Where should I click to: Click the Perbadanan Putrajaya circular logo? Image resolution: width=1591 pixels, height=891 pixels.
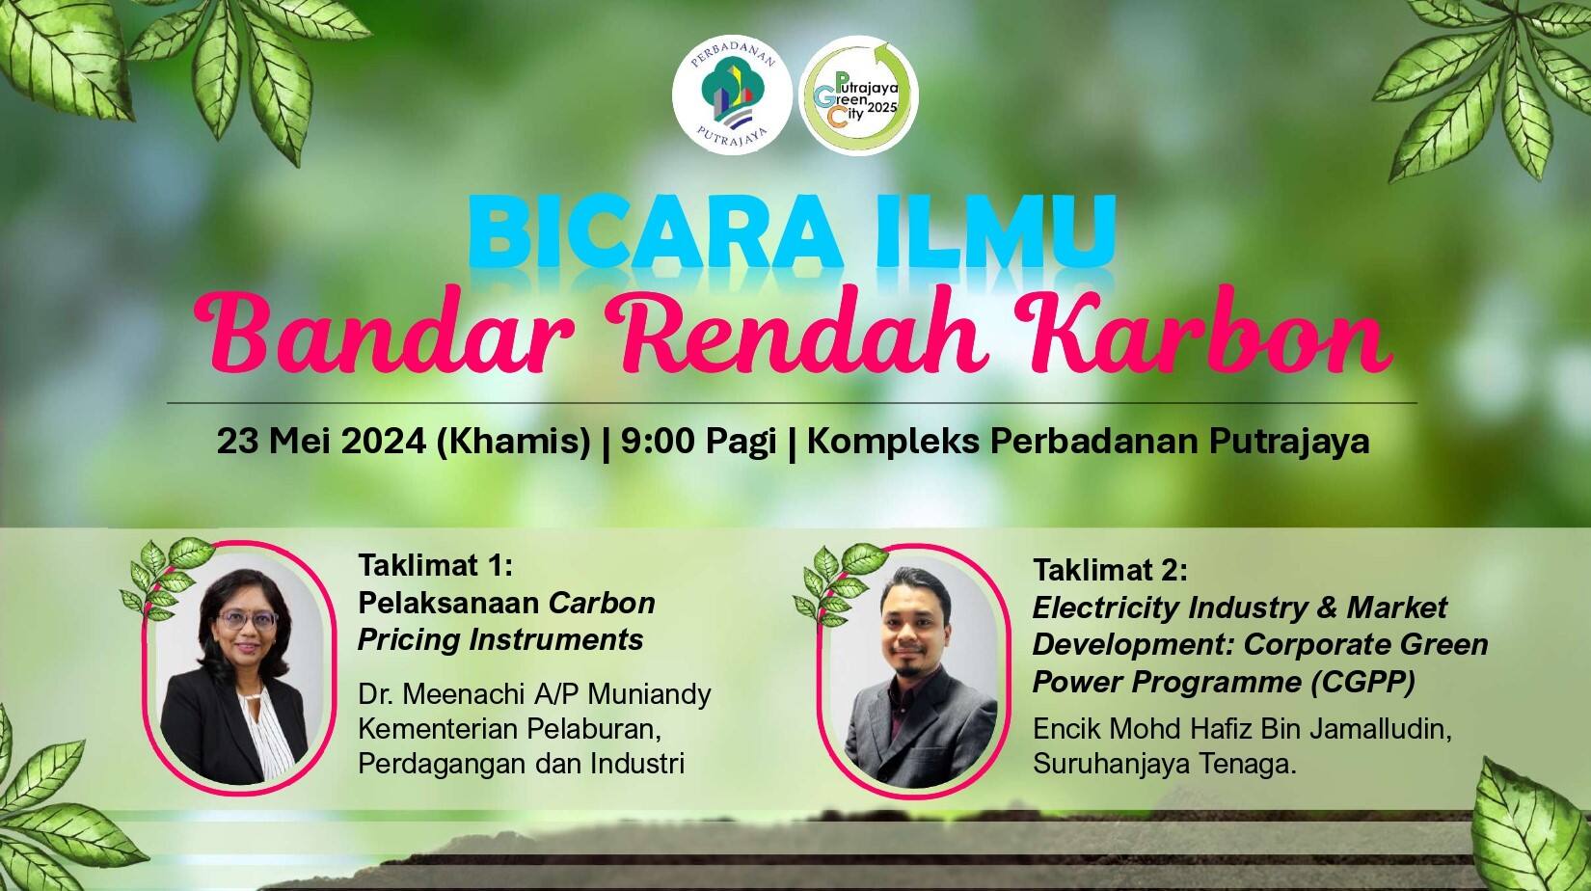point(732,95)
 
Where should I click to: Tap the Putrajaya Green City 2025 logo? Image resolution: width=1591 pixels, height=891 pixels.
point(858,95)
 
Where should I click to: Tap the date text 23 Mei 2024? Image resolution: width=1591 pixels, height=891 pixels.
point(321,442)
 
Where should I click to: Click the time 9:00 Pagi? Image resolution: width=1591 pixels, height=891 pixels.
point(697,442)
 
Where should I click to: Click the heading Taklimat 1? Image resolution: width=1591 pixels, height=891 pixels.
point(436,566)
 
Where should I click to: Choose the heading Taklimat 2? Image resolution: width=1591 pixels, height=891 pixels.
point(1110,570)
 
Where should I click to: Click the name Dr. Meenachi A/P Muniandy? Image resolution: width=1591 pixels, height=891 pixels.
point(535,693)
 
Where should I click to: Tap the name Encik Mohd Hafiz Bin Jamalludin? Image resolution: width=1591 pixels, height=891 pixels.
point(1242,728)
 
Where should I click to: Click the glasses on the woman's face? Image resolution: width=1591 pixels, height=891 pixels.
point(247,620)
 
